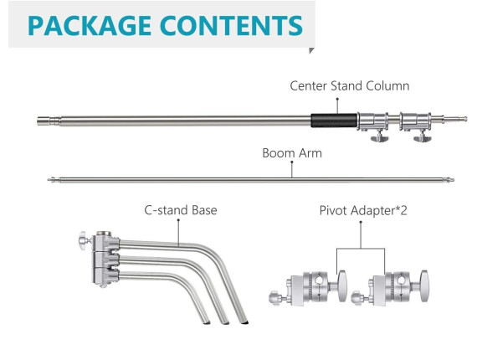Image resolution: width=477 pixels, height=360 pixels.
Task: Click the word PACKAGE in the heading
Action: [90, 26]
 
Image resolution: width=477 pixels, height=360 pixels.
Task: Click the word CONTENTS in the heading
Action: [231, 26]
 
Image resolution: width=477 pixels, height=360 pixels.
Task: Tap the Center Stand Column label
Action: [350, 86]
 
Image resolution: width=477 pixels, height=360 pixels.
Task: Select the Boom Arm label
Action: [292, 152]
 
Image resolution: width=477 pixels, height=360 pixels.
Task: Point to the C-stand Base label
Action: [181, 210]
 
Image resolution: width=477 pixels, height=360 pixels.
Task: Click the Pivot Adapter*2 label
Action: [363, 210]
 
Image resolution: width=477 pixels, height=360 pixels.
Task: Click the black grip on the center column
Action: [334, 121]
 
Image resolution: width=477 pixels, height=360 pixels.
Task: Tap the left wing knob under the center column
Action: [379, 137]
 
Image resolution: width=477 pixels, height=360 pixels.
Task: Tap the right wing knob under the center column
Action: [423, 137]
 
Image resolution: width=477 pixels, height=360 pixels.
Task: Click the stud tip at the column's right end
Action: [464, 119]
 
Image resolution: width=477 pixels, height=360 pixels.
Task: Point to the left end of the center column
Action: [38, 121]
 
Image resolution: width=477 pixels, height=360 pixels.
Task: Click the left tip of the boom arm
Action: [49, 180]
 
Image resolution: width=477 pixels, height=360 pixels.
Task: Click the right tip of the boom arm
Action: [453, 180]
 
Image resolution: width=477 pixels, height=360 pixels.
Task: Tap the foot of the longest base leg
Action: [244, 321]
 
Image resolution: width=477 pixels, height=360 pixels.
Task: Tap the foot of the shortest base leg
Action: [207, 321]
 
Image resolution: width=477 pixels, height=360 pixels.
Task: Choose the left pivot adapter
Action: [308, 287]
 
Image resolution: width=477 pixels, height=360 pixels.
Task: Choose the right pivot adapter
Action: [390, 287]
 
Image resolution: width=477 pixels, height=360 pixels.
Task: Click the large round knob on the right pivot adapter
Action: [423, 285]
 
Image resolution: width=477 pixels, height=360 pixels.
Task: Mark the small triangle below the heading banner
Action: [311, 50]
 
